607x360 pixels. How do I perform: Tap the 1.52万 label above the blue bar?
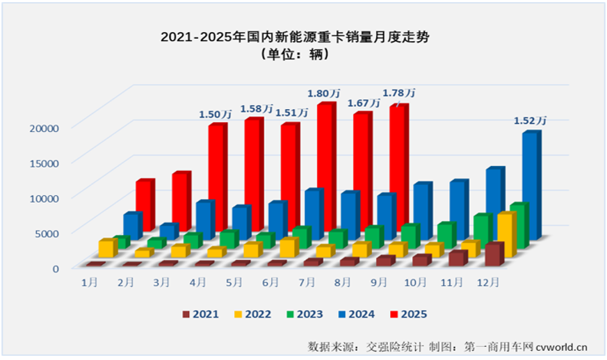coord(530,121)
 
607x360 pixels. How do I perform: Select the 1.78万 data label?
coord(399,93)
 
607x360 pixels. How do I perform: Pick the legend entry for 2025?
coord(407,314)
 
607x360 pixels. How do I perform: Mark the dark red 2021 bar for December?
coord(493,254)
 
